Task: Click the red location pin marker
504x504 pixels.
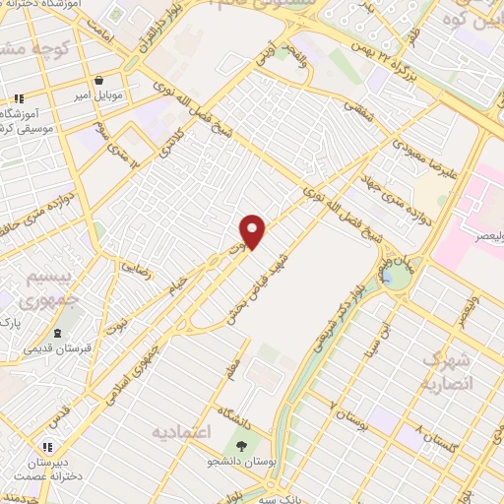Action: [253, 230]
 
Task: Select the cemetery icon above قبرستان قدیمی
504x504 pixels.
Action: [59, 333]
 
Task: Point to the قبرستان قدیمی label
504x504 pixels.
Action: [60, 349]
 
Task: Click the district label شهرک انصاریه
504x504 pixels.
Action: [449, 372]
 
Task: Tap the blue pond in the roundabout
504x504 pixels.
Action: [398, 279]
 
